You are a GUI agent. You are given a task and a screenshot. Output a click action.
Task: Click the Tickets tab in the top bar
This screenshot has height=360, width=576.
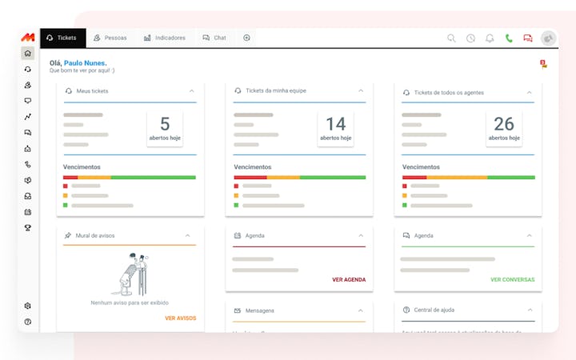[62, 38]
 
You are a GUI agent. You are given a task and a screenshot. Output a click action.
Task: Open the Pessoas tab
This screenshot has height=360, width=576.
[110, 38]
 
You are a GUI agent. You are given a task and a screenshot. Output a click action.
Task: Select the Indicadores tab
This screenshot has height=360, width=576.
[165, 38]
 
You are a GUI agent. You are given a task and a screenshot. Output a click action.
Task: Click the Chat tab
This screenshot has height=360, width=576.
[214, 38]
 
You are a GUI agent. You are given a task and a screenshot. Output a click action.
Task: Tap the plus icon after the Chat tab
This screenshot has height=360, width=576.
[246, 38]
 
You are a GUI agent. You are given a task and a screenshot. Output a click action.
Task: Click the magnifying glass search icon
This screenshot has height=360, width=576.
[451, 38]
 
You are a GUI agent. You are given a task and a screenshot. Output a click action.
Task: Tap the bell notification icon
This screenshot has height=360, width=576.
[490, 38]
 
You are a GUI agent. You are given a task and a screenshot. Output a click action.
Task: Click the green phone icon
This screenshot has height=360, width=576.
[509, 38]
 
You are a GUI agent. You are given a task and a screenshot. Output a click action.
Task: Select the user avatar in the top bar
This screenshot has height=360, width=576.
[548, 38]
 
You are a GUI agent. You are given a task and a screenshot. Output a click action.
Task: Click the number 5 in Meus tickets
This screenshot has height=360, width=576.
[165, 124]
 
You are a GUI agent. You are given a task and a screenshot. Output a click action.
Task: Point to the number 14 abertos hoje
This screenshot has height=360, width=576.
[335, 124]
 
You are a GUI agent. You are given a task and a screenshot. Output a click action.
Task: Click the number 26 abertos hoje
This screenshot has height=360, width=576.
[504, 124]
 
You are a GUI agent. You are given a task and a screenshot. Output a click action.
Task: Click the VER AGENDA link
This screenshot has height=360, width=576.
[349, 280]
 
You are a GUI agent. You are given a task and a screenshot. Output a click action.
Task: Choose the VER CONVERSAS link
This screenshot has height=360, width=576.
[512, 280]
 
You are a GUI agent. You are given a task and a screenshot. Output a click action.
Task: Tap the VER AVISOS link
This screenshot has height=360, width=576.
[180, 318]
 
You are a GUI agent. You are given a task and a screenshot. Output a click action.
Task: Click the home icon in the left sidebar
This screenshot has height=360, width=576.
[28, 54]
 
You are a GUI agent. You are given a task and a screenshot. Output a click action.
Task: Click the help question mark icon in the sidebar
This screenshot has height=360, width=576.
[28, 322]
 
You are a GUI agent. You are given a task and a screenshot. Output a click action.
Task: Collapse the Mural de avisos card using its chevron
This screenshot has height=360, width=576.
[188, 236]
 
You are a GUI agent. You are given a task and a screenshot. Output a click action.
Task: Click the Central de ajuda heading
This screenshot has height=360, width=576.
[434, 310]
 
